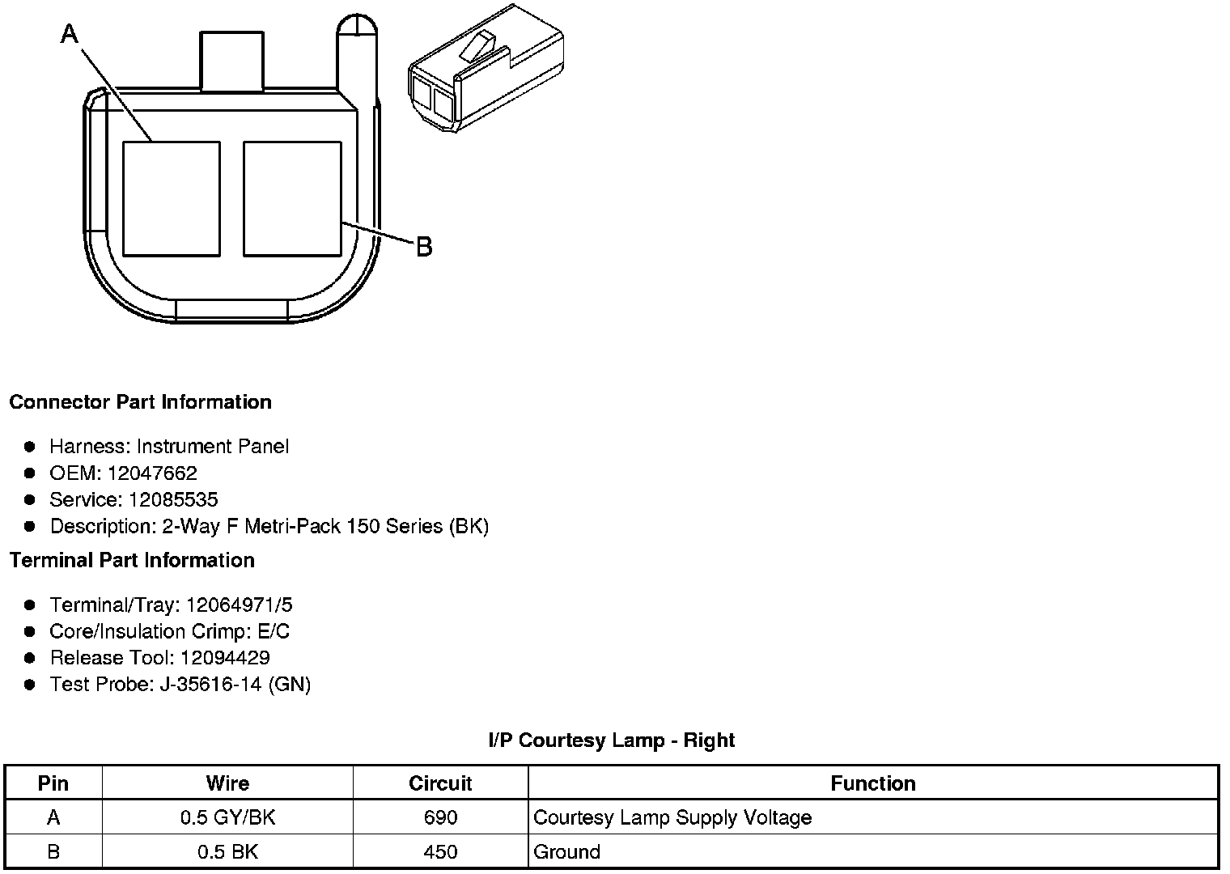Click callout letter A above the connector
click(x=70, y=34)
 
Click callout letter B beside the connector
click(x=424, y=246)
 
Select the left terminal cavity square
click(x=171, y=199)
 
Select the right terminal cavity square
click(x=292, y=199)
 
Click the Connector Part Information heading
click(x=140, y=402)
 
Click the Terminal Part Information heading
click(x=132, y=560)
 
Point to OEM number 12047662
click(x=152, y=473)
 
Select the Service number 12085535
click(x=173, y=500)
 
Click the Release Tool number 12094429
click(x=225, y=658)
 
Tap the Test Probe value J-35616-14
click(x=211, y=685)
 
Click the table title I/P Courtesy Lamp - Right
click(x=611, y=740)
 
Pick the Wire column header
click(x=227, y=783)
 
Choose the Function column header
click(x=872, y=783)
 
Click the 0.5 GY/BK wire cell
click(x=227, y=818)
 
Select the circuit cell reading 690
click(x=440, y=818)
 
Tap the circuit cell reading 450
click(x=440, y=852)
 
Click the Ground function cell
click(x=567, y=852)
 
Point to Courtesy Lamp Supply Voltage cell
click(x=672, y=818)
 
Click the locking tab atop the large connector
click(x=231, y=62)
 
